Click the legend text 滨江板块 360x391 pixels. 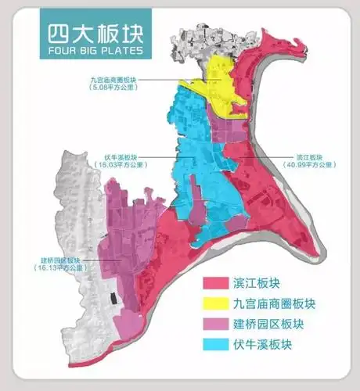(x=257, y=284)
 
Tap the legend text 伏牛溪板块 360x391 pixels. (x=262, y=343)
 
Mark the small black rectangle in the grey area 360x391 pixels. (x=114, y=300)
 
